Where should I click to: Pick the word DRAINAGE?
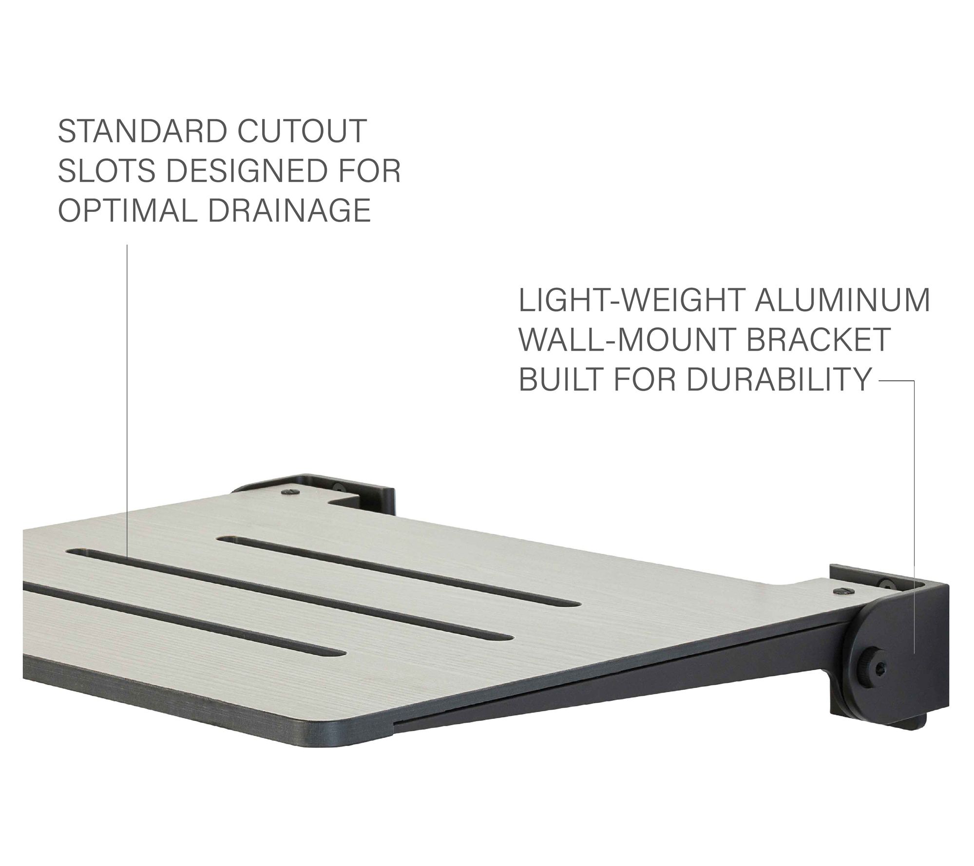288,210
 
